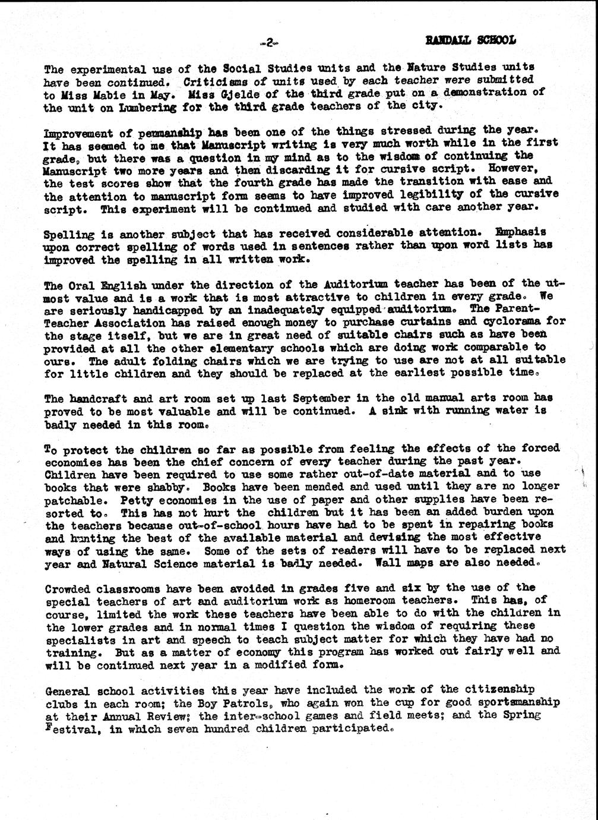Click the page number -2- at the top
tap(269, 43)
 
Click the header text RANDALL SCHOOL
tap(470, 40)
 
